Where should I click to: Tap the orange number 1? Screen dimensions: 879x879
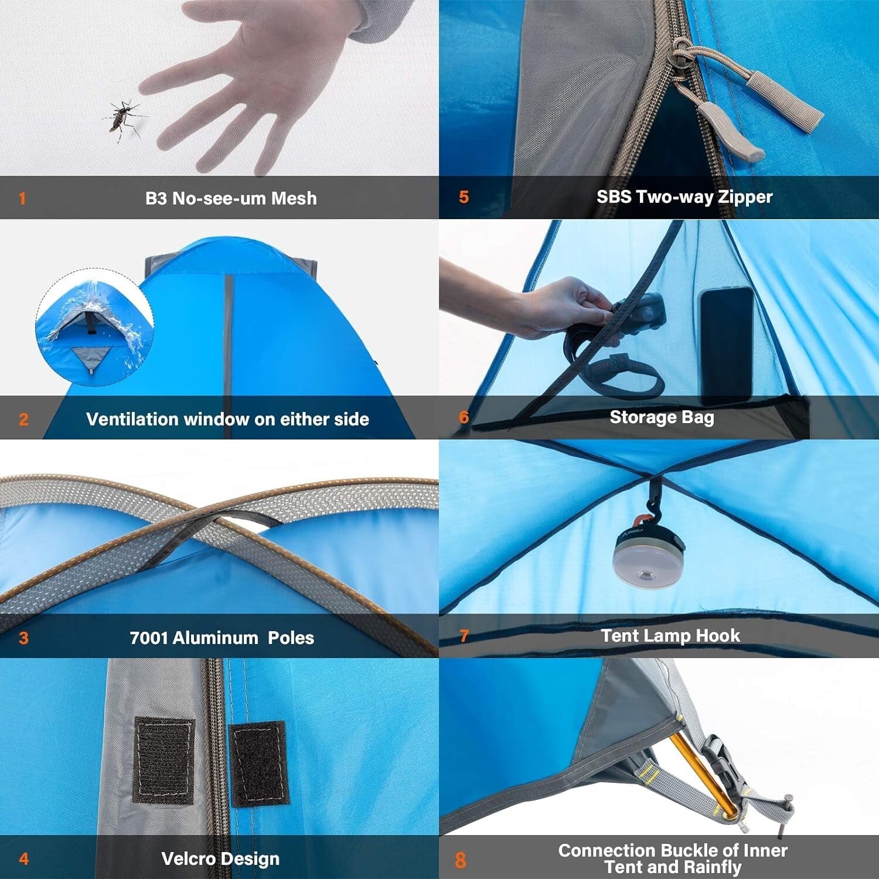point(22,199)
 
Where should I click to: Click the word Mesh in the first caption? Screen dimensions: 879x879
point(294,199)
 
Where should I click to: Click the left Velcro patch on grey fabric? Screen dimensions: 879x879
point(163,759)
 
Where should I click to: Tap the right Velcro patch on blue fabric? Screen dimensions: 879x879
point(258,764)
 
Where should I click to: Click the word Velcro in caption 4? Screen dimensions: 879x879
point(188,859)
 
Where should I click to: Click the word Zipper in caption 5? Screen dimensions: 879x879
point(745,197)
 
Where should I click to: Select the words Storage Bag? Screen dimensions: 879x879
point(662,417)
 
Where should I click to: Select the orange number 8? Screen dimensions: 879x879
point(461,860)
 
